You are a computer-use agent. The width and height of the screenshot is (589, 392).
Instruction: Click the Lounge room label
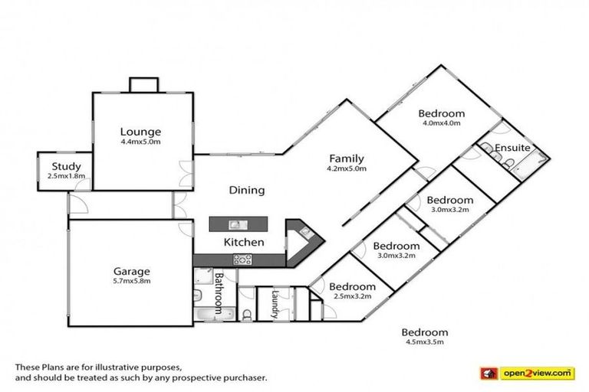click(140, 132)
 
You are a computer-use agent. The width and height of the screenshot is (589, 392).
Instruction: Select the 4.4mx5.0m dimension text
click(140, 142)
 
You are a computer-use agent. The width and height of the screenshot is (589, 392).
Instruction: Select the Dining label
click(246, 190)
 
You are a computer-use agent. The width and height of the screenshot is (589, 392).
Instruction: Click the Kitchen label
click(243, 242)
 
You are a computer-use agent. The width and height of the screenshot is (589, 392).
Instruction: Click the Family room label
click(347, 158)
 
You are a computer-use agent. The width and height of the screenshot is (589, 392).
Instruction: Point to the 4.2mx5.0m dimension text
click(347, 168)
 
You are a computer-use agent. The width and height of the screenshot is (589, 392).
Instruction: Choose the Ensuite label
click(510, 148)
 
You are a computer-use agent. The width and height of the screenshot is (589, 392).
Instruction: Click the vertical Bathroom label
click(219, 293)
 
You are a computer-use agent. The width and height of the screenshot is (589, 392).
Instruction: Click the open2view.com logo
click(537, 373)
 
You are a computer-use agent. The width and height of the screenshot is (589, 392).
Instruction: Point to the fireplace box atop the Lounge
click(143, 84)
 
